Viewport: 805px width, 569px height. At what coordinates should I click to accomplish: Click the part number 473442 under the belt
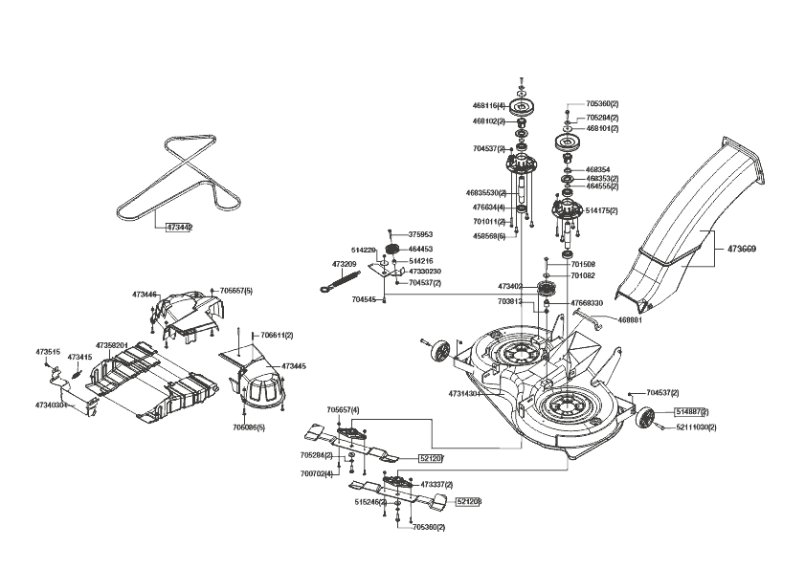pos(179,228)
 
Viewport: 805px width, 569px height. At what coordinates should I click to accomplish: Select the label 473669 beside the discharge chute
pos(741,250)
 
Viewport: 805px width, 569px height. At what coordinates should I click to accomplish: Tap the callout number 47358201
pos(111,345)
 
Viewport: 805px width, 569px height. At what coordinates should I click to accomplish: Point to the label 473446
pos(143,295)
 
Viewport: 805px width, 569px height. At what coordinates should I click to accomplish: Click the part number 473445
pos(293,366)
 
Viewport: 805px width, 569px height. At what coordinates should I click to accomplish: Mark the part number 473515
pos(48,352)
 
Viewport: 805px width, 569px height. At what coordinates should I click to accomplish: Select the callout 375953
pos(420,234)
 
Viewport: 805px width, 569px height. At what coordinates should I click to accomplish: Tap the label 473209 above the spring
pos(344,264)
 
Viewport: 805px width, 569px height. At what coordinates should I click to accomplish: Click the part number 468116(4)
pos(488,105)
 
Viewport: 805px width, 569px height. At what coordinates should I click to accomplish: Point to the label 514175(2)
pos(601,210)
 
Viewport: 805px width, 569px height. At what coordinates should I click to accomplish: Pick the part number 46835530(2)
pos(486,193)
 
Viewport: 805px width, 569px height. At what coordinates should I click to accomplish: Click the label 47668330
pos(587,303)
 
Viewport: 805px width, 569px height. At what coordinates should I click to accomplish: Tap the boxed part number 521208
pos(468,501)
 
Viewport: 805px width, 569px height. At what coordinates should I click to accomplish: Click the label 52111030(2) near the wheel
pos(696,427)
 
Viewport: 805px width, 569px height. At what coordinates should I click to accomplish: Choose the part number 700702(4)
pos(317,473)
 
